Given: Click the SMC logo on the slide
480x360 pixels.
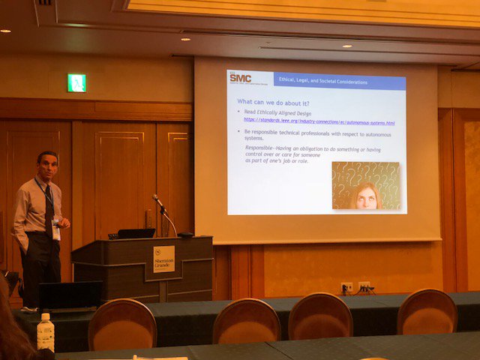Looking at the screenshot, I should [x=240, y=77].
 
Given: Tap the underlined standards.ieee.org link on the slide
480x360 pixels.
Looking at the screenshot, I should [x=319, y=121].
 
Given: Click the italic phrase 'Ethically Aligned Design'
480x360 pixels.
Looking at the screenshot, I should [x=283, y=112].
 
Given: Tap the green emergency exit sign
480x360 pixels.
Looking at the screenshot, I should [x=76, y=83].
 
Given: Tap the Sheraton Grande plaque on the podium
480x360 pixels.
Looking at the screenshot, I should [x=163, y=258].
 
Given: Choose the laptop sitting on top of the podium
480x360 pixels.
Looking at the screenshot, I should [x=136, y=234].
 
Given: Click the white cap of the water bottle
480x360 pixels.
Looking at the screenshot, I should [x=45, y=316].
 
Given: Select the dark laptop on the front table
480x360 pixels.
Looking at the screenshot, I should [x=71, y=296].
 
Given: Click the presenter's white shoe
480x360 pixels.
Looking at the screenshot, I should [x=28, y=308].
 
